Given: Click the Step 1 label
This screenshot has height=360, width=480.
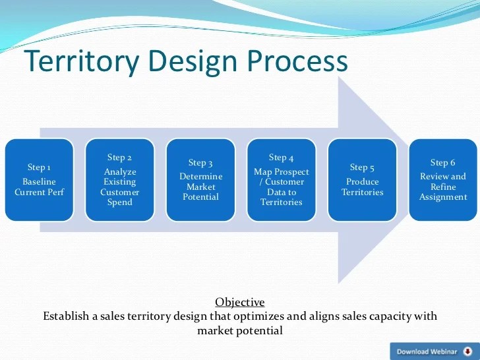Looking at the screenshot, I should click(39, 167).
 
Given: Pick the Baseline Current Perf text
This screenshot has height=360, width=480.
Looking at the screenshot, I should click(39, 187).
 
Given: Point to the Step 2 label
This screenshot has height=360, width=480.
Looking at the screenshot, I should click(119, 158).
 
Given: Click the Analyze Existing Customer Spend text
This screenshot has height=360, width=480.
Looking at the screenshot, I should click(119, 187).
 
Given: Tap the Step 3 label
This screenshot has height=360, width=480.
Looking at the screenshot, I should click(200, 163).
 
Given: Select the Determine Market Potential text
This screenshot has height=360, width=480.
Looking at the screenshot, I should click(200, 187).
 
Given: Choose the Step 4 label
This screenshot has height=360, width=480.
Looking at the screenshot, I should click(282, 158).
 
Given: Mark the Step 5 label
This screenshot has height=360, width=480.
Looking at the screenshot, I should click(362, 167).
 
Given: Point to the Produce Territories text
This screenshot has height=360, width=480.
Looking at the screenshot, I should click(362, 187).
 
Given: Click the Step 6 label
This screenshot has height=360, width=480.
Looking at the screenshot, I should click(443, 163).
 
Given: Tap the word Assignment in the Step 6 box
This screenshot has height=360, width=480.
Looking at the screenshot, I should click(443, 197).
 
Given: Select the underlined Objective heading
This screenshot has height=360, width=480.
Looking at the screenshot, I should click(240, 303).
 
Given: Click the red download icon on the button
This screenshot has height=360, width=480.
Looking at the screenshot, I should click(467, 351).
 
